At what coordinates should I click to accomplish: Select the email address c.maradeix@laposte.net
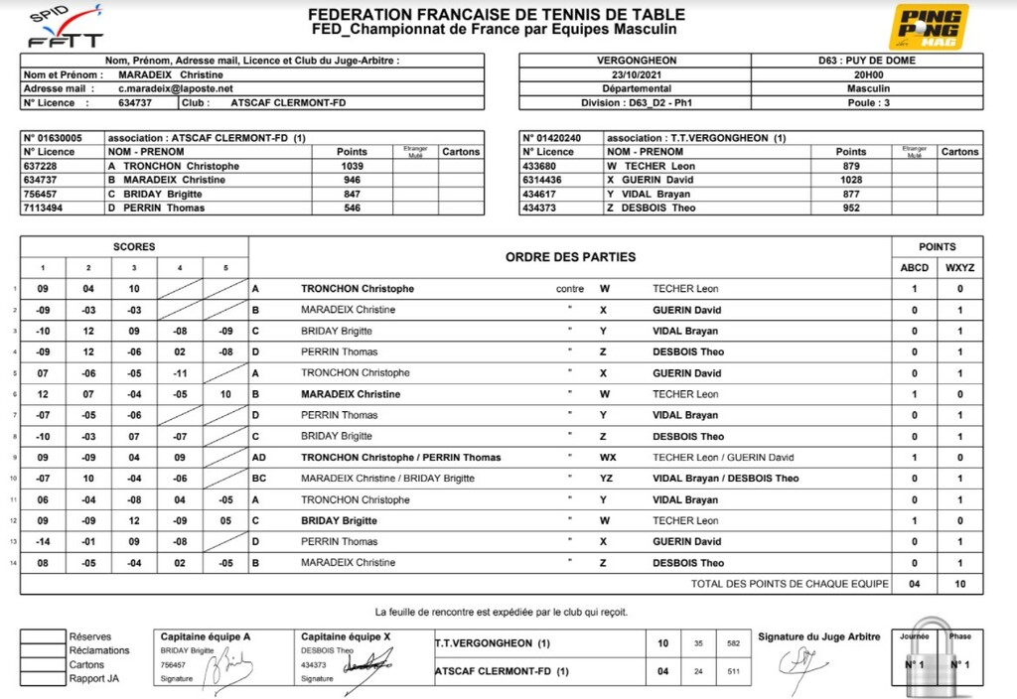coord(169,88)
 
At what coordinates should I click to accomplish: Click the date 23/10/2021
coord(636,74)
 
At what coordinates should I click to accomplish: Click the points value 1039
coord(352,166)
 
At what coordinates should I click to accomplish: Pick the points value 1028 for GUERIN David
coord(850,180)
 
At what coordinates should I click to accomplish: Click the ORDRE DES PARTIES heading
coord(570,257)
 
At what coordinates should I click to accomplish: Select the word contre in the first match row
coord(570,289)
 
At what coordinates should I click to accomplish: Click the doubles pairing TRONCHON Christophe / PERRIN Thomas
coord(400,458)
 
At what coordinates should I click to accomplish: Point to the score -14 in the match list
coord(43,541)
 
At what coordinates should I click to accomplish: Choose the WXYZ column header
coord(959,267)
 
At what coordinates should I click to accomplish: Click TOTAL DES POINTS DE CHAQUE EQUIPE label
coord(790,584)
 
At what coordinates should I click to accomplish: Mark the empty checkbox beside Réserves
coord(43,636)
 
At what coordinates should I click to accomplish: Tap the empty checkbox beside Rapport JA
coord(43,679)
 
